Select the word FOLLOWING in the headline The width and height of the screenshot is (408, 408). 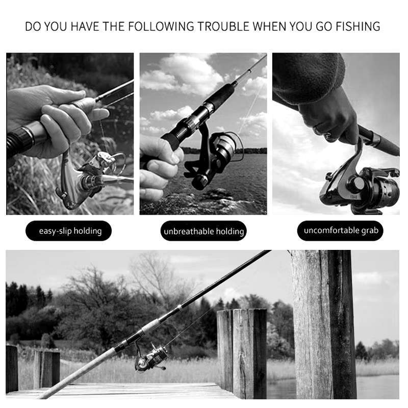(x=161, y=27)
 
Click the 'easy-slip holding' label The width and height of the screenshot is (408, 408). (x=68, y=231)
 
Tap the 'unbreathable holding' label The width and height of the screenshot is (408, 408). (x=203, y=231)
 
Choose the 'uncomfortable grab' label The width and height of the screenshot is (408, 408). (x=340, y=231)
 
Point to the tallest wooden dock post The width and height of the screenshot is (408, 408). (x=323, y=324)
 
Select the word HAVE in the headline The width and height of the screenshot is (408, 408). (x=85, y=27)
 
